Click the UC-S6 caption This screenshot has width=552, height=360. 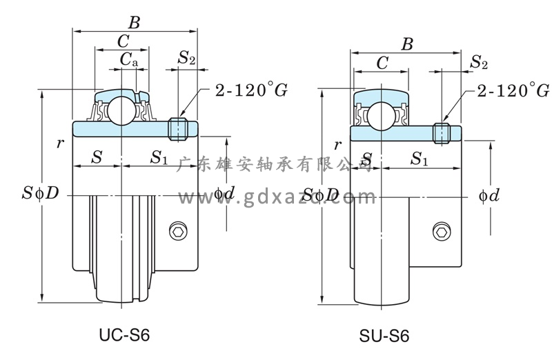(x=125, y=334)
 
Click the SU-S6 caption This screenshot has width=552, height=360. (x=384, y=337)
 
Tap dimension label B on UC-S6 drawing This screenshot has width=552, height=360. (x=134, y=23)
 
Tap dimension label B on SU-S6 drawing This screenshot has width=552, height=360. (x=408, y=45)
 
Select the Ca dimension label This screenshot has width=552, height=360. (x=129, y=61)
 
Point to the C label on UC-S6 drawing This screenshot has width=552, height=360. (x=122, y=41)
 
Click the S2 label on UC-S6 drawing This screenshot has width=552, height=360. (x=186, y=58)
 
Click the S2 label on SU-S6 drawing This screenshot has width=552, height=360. (x=479, y=63)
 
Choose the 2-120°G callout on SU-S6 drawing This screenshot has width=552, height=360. (x=506, y=90)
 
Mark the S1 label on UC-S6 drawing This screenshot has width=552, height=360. (x=159, y=158)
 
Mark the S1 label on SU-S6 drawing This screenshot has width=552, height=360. (x=418, y=159)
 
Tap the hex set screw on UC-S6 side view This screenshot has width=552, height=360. (x=180, y=232)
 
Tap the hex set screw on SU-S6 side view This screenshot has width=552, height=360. (x=440, y=231)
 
